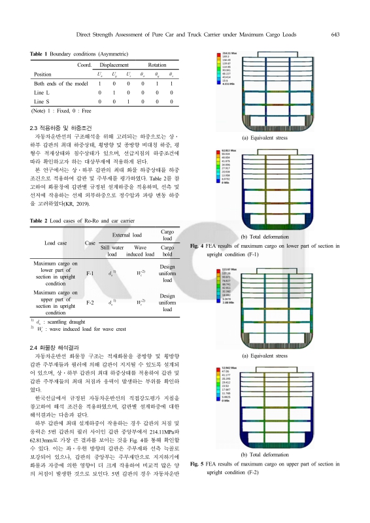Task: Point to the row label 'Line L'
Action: point(42,93)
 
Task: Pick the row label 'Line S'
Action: point(42,102)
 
